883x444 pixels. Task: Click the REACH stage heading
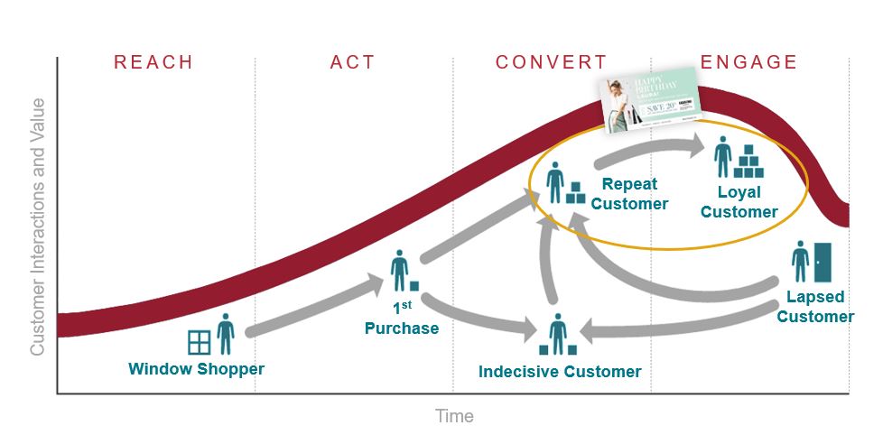coord(153,62)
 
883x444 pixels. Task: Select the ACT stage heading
coord(353,62)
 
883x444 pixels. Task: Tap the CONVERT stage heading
coord(551,62)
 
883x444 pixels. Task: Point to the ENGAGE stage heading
coord(749,62)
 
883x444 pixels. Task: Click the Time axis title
coord(454,416)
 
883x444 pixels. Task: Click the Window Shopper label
coord(196,369)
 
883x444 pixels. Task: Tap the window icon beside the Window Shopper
coord(199,342)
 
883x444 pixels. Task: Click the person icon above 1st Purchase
coord(399,272)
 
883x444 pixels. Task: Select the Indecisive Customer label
coord(560,372)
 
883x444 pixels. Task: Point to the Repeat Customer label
coord(629,194)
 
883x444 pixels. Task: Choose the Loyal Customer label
coord(739,202)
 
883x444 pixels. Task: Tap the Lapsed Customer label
coord(815,307)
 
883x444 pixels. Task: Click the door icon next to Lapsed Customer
coord(823,262)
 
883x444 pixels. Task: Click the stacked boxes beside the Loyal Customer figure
coord(748,162)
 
